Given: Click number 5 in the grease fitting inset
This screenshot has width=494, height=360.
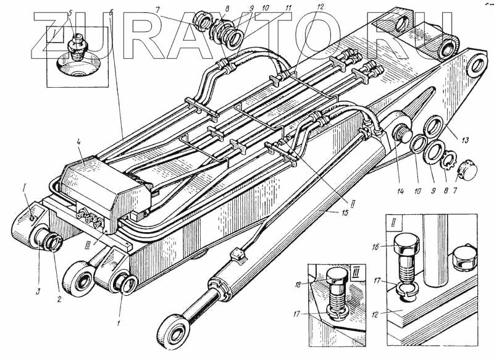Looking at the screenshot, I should pos(70,13).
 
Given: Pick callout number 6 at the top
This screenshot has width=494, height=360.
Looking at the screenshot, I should pos(111,12).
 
